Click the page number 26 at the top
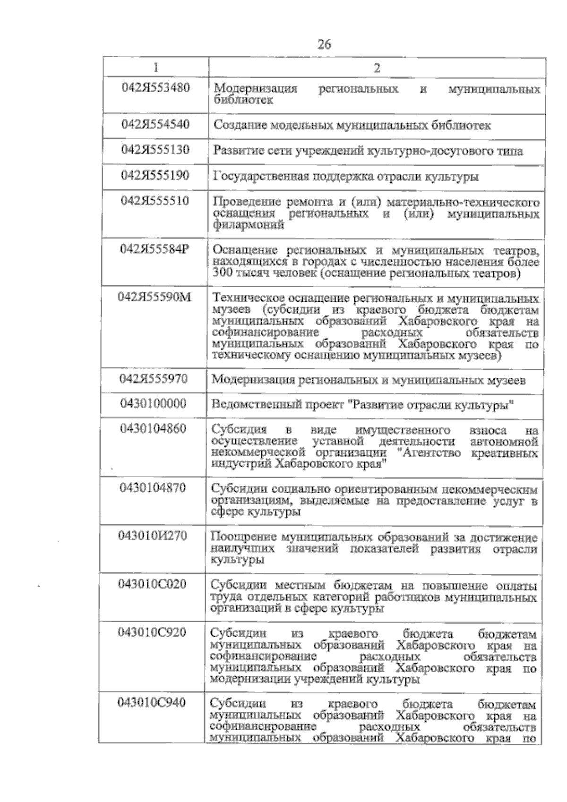click(x=324, y=45)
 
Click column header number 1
click(x=156, y=68)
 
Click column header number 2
click(x=377, y=68)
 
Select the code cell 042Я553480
click(x=155, y=88)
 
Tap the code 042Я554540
click(x=155, y=124)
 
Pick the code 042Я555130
click(x=155, y=150)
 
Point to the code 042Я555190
click(x=155, y=175)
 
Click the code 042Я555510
click(x=155, y=201)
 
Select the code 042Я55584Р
click(x=155, y=249)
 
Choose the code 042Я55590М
click(x=155, y=297)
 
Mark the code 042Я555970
click(x=154, y=379)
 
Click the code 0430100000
click(x=154, y=404)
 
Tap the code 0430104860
click(x=154, y=429)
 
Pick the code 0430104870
click(x=153, y=487)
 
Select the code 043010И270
click(x=153, y=536)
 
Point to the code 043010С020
click(x=153, y=584)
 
